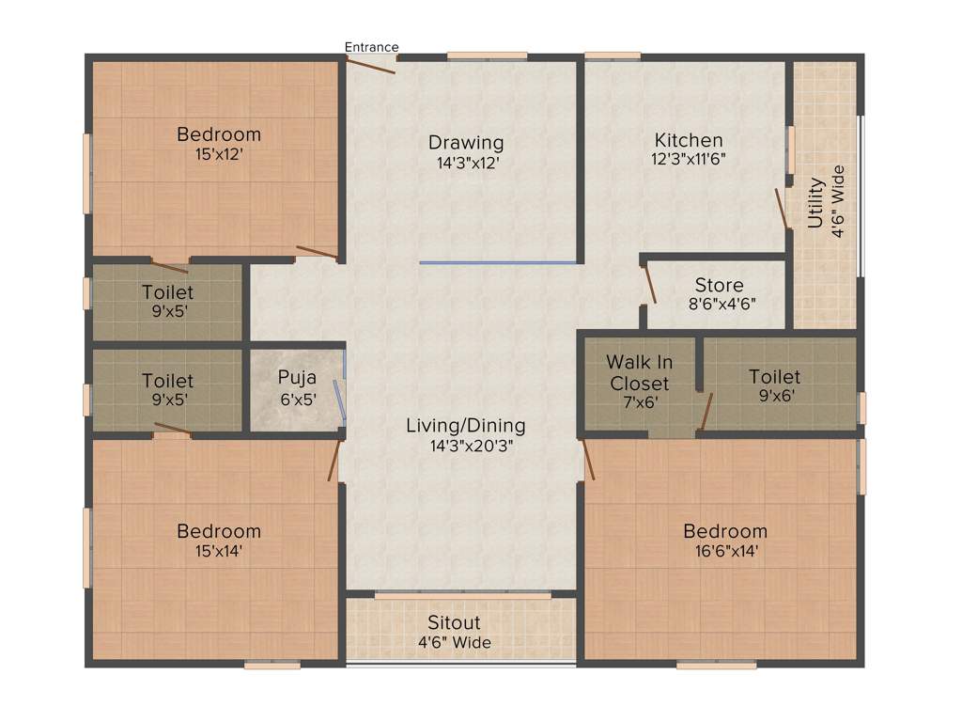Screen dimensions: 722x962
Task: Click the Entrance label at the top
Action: [371, 47]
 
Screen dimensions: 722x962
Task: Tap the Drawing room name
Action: [466, 143]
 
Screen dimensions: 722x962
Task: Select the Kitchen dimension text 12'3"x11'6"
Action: [689, 159]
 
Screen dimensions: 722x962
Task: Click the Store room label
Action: [719, 285]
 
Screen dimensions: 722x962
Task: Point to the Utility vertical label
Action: [815, 203]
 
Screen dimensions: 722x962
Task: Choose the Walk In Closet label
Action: [639, 372]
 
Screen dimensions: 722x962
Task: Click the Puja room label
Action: [297, 378]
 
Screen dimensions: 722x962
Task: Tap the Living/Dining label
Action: [465, 426]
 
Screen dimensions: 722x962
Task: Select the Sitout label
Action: [454, 622]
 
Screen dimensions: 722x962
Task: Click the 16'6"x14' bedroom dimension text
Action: [724, 551]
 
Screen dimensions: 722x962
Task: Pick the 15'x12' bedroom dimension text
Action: [218, 154]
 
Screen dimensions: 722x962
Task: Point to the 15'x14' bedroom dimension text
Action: [218, 551]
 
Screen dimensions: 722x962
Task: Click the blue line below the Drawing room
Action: [498, 263]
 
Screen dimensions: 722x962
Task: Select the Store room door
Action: [647, 284]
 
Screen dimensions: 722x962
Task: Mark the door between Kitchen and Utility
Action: [781, 208]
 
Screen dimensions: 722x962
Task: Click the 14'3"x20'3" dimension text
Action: [465, 446]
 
